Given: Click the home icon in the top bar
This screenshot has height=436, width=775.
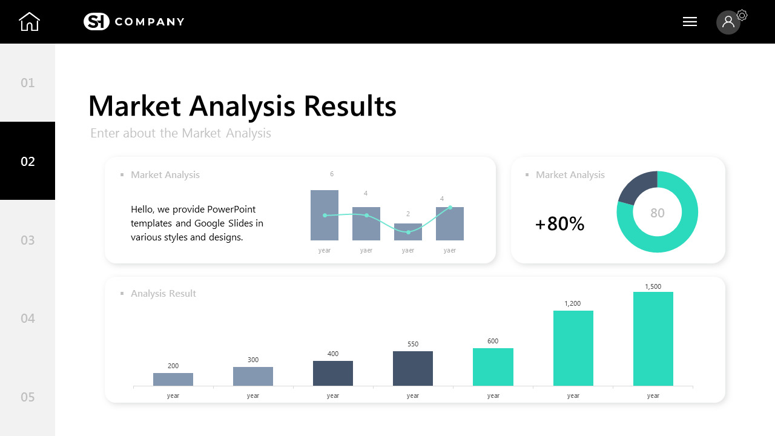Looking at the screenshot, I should pos(29,22).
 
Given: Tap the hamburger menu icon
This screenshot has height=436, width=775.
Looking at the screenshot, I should pos(690,22).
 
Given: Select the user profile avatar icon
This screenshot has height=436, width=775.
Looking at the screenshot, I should pos(728,22).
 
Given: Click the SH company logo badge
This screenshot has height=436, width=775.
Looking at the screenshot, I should pos(96,22).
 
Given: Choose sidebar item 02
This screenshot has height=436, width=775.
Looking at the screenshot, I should pos(28,161).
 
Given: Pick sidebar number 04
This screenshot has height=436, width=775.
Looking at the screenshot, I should pos(28,318).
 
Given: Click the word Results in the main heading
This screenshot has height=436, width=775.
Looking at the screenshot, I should pos(349,106).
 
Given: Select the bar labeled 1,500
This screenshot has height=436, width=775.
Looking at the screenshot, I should pos(653,339).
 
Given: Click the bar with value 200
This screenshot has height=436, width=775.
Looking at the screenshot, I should pos(173,379).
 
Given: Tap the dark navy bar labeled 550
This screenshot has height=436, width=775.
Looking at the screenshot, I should pos(413,368).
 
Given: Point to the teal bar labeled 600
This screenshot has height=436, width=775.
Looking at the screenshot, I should pos(493,367).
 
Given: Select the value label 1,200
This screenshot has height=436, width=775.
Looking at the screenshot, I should pos(573,303).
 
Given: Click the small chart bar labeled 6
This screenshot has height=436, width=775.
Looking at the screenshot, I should pos(325,215).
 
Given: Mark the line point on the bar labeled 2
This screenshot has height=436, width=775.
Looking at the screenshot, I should pos(408,232).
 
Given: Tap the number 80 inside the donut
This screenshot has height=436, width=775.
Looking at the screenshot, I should pos(658,213).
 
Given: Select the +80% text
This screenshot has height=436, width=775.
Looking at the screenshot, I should pos(559,224).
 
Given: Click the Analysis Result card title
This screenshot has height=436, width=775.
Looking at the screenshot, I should pos(163,294).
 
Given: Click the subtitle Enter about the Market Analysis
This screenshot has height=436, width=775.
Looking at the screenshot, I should pos(180,133).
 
